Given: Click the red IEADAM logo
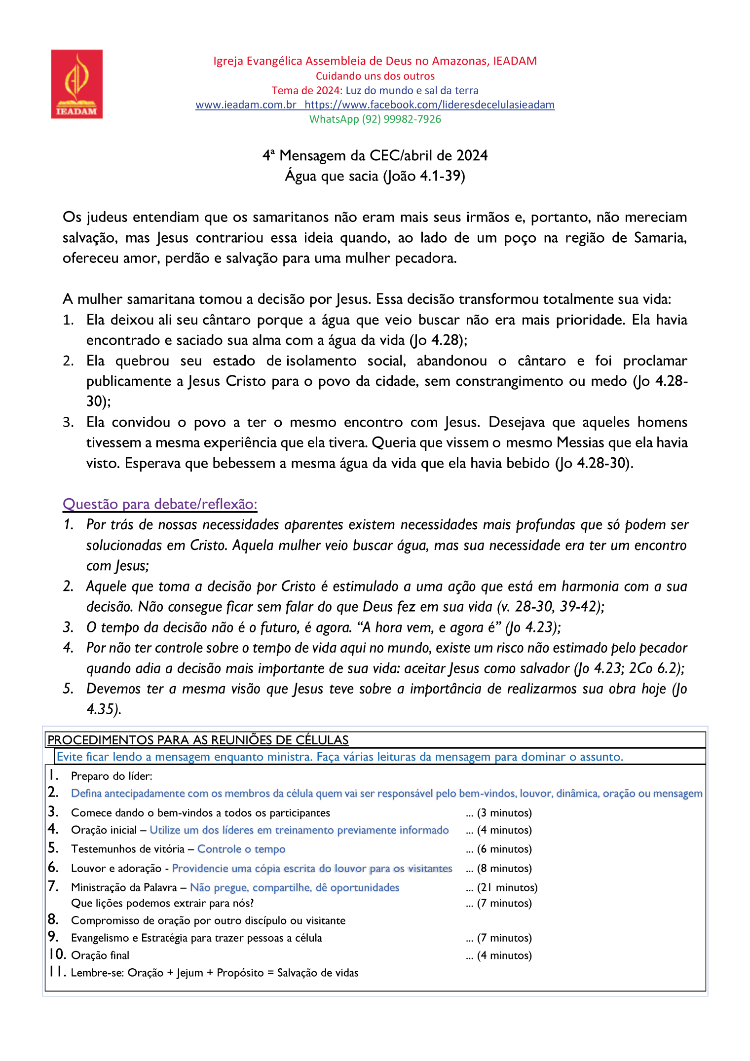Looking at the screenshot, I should tap(77, 84).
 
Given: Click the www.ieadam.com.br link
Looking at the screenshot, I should tap(246, 105).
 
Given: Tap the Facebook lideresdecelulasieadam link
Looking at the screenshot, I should tap(429, 105).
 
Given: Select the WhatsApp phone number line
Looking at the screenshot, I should tap(375, 119).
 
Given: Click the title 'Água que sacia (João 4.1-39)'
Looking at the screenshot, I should tap(375, 176).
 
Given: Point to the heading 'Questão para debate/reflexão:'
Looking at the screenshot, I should tap(160, 504).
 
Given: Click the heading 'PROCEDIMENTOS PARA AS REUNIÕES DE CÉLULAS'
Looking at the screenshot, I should tap(198, 740).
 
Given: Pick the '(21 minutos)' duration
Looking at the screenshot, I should tap(507, 887).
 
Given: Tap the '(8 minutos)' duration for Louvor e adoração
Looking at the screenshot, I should tap(504, 868).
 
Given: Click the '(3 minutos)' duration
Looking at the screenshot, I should tap(504, 813).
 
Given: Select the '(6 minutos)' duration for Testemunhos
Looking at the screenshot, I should tap(504, 849).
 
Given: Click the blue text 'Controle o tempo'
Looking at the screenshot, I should tap(241, 849).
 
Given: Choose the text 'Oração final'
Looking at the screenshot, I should tap(100, 955).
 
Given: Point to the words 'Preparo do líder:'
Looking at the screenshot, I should tap(112, 776).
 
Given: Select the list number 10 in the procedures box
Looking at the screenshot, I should tap(57, 954).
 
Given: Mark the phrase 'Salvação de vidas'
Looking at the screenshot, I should tap(318, 973).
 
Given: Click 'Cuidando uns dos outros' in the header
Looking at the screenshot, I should tap(375, 76).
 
